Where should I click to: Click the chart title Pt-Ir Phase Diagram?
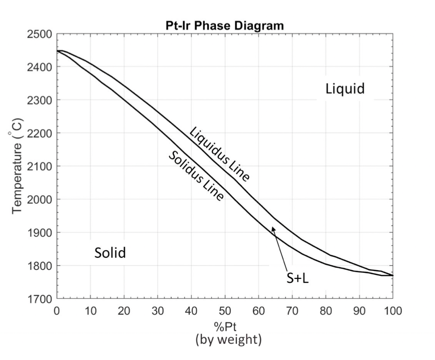coord(224,25)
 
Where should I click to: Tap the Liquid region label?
coord(345,89)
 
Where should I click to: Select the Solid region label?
coord(110,253)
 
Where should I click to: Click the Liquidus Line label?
coord(219,154)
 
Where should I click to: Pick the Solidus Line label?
coord(196,176)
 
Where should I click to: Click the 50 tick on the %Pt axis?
coord(225,310)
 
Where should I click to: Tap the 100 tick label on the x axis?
coord(392,310)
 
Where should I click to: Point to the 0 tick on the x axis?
coord(57,310)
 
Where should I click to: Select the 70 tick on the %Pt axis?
coord(292,310)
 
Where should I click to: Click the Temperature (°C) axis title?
coord(17,166)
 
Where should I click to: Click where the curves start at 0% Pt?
coord(57,51)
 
